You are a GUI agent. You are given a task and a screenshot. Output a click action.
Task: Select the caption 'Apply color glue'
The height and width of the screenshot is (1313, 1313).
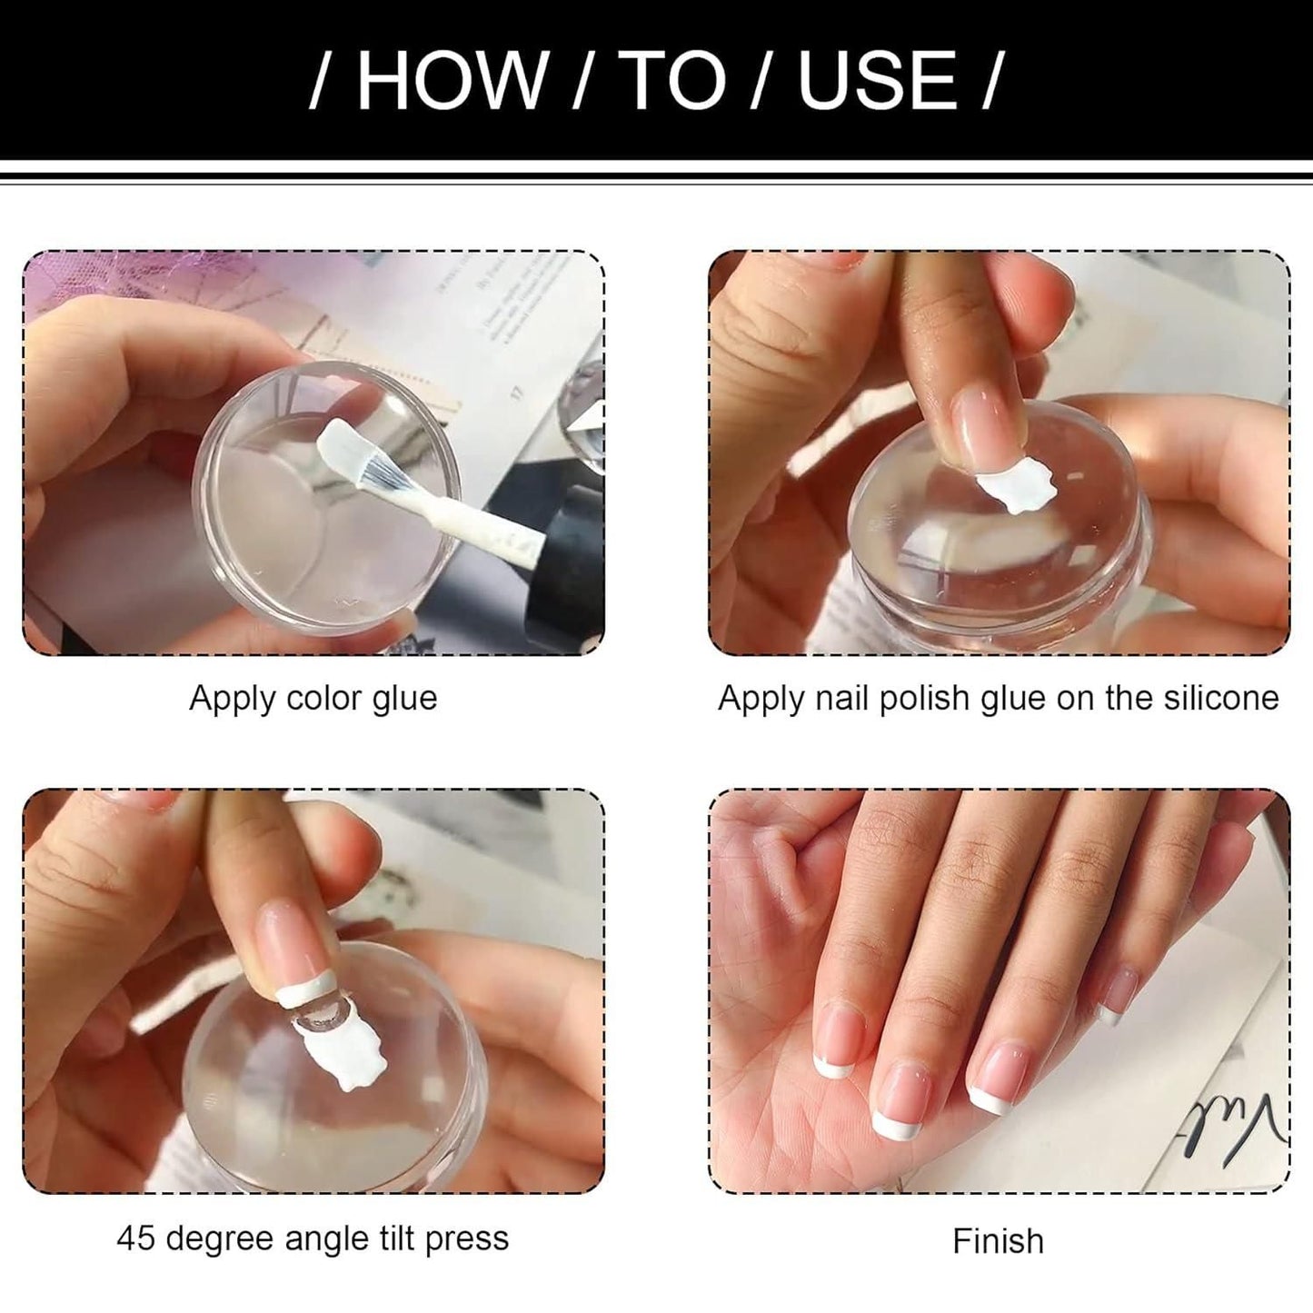pos(313,698)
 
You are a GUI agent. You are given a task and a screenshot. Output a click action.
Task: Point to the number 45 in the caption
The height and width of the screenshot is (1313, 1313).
pos(136,1238)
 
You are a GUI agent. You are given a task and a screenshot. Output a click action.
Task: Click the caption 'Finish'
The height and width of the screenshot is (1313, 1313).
pos(998,1240)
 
